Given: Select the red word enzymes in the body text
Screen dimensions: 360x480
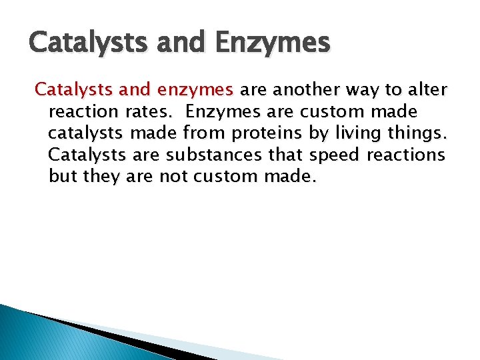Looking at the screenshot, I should click(200, 89).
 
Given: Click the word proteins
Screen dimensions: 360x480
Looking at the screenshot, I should click(267, 133).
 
